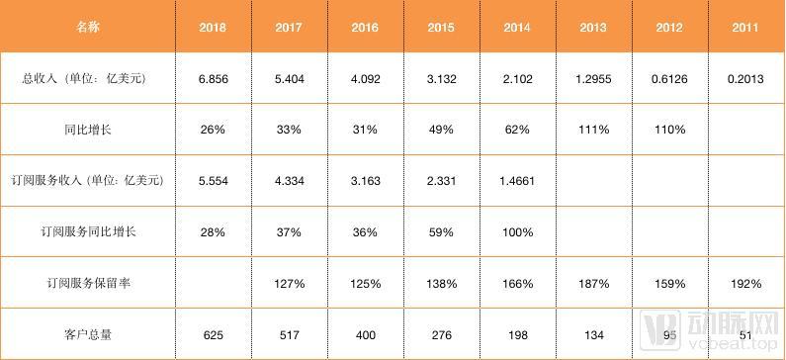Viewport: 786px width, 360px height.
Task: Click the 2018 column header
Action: [213, 27]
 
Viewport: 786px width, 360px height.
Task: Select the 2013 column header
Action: [593, 27]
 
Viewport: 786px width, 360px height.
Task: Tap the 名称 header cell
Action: [88, 27]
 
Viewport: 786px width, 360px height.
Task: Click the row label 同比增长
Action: [88, 130]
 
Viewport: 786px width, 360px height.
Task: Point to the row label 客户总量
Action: [88, 334]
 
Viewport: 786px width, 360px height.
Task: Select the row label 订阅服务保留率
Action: [88, 283]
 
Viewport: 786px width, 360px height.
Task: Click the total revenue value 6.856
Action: [213, 79]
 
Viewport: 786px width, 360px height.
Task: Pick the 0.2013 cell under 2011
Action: [745, 79]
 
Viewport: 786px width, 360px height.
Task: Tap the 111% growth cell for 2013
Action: [593, 130]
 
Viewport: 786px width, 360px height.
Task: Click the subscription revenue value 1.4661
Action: [517, 181]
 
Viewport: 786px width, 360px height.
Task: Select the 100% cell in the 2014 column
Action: [517, 232]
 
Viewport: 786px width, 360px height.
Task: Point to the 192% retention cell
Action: [745, 283]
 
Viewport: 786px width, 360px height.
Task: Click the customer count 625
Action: [213, 334]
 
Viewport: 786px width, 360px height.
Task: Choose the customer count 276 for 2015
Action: [441, 334]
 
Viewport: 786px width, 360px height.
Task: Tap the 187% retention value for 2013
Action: [593, 283]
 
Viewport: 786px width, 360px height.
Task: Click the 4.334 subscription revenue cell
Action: [289, 181]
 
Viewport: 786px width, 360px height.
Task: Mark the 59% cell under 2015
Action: [441, 232]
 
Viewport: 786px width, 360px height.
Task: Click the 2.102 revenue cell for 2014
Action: [517, 79]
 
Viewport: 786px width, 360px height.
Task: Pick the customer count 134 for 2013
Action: [593, 334]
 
